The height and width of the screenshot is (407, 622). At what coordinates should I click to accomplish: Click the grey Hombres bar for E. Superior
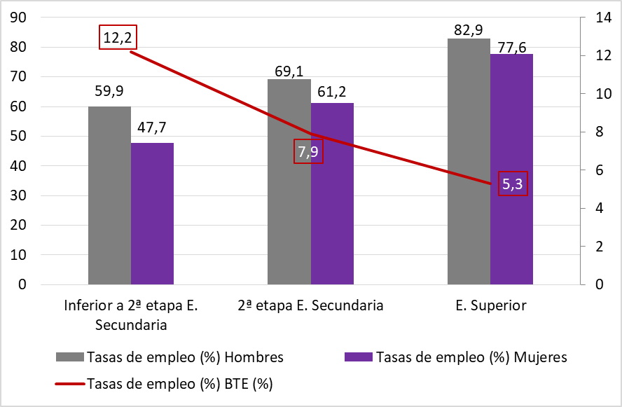pyautogui.click(x=469, y=161)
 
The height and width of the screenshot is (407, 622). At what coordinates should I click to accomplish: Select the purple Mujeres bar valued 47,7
pyautogui.click(x=152, y=214)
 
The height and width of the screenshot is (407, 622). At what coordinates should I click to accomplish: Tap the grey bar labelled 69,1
pyautogui.click(x=289, y=182)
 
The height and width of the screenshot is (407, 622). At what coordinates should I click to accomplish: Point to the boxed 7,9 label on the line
pyautogui.click(x=308, y=152)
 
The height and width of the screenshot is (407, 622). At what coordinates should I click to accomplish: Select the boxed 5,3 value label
pyautogui.click(x=513, y=184)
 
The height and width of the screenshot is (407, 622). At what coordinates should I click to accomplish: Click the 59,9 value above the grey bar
pyautogui.click(x=109, y=90)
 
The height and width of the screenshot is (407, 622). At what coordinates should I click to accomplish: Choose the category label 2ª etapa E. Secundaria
pyautogui.click(x=310, y=305)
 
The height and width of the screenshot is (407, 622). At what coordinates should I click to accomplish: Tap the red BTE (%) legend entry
pyautogui.click(x=165, y=383)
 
